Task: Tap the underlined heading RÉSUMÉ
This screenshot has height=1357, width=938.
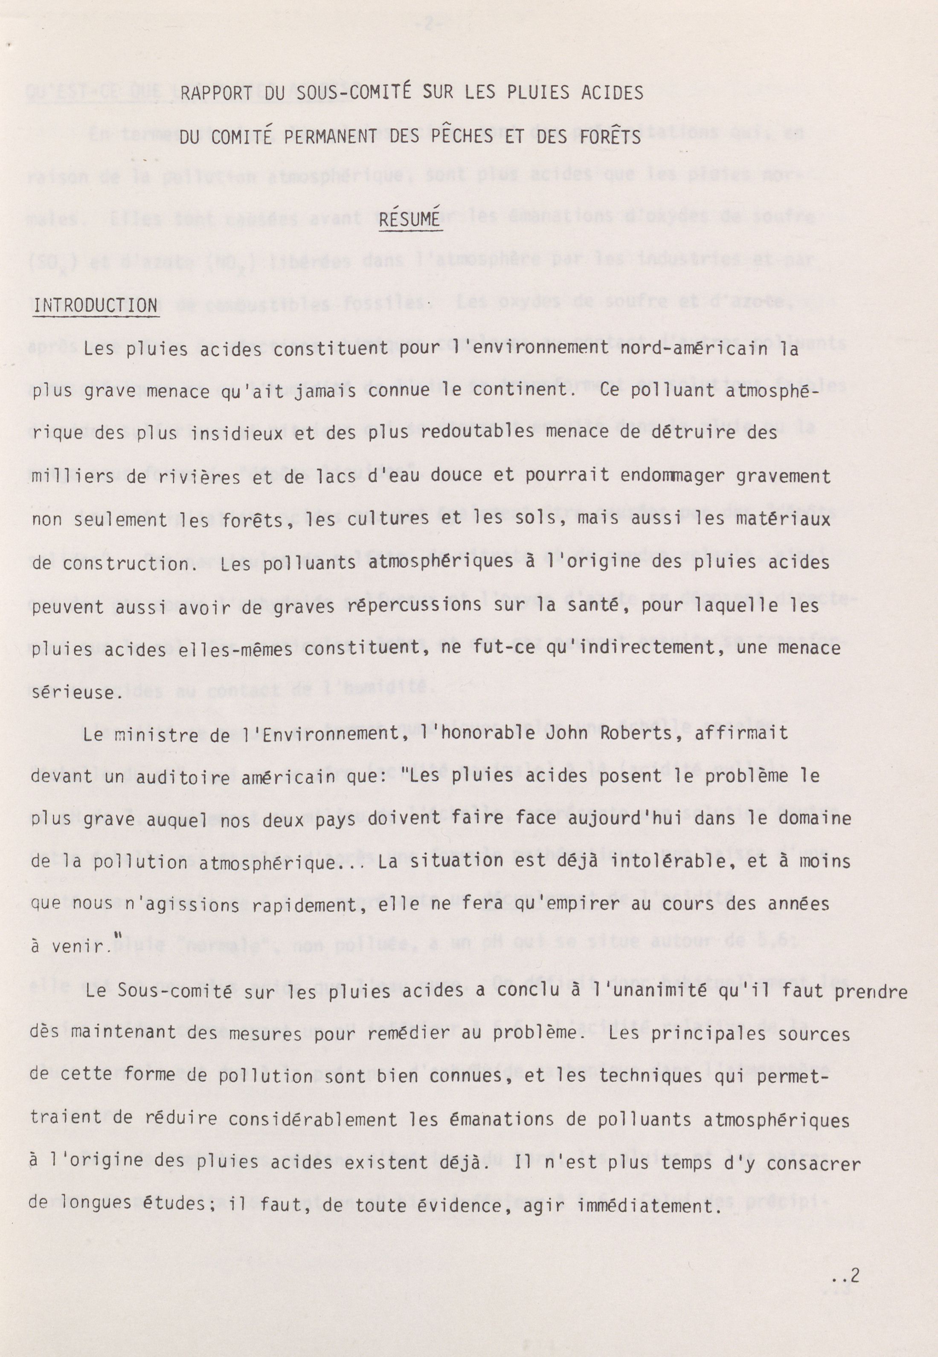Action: (x=409, y=219)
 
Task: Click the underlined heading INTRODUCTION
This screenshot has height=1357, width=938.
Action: (x=96, y=306)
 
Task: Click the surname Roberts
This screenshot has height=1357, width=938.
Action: (x=636, y=734)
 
